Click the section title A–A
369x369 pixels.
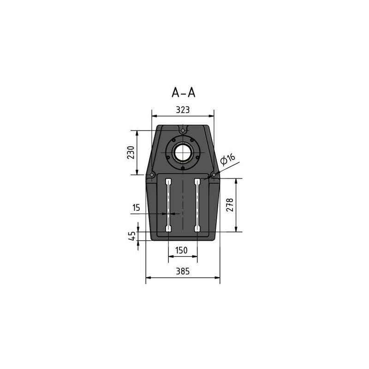[x=183, y=93]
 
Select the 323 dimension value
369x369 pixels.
[x=183, y=110]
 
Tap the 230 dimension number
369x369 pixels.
[x=131, y=153]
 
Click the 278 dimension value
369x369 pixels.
[x=230, y=205]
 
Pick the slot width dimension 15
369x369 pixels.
[x=136, y=208]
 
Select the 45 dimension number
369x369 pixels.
[x=132, y=236]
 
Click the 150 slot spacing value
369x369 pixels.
[x=181, y=250]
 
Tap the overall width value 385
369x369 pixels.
[x=183, y=271]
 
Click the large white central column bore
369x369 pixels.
[x=183, y=152]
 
